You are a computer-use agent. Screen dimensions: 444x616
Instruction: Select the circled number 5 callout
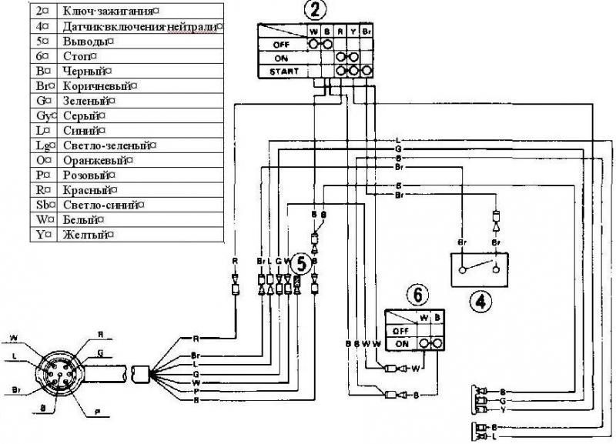[x=302, y=263]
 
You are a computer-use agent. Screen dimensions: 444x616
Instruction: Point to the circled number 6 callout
[x=416, y=294]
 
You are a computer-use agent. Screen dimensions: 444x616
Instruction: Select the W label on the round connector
[x=14, y=336]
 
